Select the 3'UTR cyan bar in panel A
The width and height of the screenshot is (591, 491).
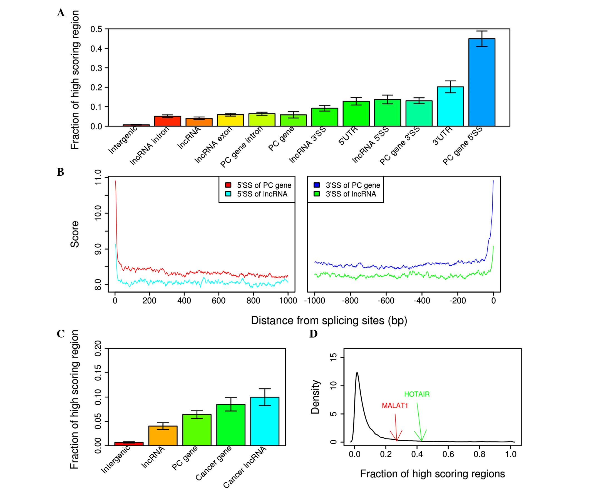coord(450,107)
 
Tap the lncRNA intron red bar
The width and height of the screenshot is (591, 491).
coord(167,121)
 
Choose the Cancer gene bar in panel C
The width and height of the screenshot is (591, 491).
coord(231,425)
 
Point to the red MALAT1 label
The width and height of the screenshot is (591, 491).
coord(395,406)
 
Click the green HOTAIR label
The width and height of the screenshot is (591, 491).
coord(417,394)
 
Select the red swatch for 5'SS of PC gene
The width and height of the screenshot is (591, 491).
coord(228,185)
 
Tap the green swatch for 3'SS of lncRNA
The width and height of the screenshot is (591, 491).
coord(317,194)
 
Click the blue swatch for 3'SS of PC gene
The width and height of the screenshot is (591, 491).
coord(317,185)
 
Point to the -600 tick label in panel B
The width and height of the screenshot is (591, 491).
coord(386,301)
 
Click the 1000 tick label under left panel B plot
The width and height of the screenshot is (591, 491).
coord(288,301)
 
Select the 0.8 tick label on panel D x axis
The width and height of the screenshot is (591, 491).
coord(479,454)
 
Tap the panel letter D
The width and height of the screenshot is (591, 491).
coord(313,334)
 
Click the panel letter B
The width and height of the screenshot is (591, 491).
coord(61,172)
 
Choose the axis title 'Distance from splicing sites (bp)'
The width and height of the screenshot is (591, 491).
coord(329,320)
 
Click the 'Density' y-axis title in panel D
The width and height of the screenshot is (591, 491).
coord(316,397)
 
